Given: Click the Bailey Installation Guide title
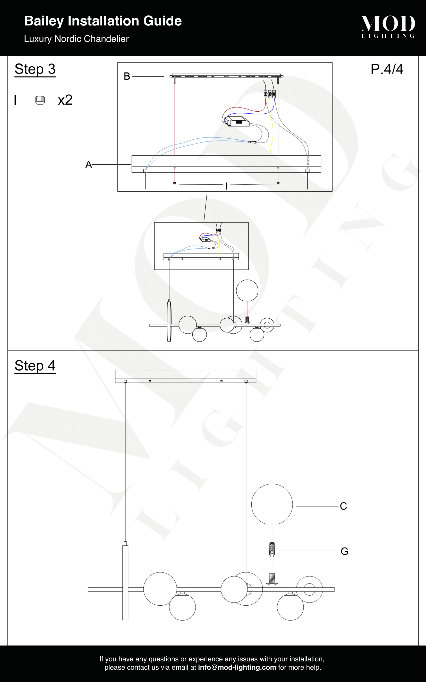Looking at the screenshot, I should click(x=103, y=21).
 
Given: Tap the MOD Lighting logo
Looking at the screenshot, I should click(x=388, y=27).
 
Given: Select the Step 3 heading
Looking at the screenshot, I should click(x=35, y=69).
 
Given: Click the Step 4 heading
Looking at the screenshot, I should click(x=35, y=366).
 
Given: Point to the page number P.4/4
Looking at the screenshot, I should click(x=387, y=69).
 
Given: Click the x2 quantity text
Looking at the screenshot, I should click(x=65, y=100).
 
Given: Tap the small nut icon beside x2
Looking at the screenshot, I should click(x=40, y=100).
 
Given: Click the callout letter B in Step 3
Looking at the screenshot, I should click(x=127, y=76).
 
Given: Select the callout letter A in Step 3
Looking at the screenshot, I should click(x=88, y=165).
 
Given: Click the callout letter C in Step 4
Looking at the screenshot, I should click(x=343, y=506).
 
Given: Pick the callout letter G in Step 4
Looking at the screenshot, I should click(x=344, y=551).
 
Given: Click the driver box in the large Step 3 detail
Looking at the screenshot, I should click(x=237, y=121).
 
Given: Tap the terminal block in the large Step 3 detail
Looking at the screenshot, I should click(x=270, y=94).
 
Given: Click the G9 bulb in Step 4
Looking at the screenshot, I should click(x=272, y=549).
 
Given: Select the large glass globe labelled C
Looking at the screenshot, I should click(x=272, y=504).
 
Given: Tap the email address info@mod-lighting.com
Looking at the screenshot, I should click(x=237, y=667).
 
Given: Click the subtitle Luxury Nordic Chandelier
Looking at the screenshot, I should click(x=76, y=39).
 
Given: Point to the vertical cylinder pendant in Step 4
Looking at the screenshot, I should click(x=125, y=582).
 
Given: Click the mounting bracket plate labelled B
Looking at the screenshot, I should click(x=226, y=76).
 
